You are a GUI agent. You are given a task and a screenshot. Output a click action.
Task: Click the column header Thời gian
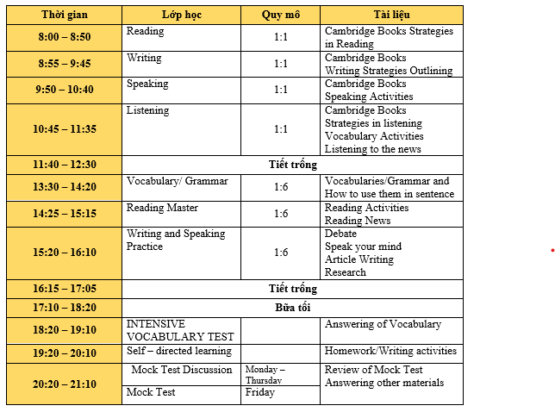[64, 15]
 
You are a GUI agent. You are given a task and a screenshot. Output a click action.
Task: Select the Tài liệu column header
[391, 15]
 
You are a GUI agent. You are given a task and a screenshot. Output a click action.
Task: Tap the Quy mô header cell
[281, 15]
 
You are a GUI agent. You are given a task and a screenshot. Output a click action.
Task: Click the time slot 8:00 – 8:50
[64, 37]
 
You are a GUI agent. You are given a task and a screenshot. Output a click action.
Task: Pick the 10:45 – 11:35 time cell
[64, 129]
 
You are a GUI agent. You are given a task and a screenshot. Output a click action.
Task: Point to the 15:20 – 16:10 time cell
[64, 253]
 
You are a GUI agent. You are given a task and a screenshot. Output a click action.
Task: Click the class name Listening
[148, 110]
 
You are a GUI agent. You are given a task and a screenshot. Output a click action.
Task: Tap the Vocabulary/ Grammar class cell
[178, 181]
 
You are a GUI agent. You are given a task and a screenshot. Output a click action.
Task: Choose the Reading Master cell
[163, 208]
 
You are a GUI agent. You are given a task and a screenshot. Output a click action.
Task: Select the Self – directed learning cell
[179, 351]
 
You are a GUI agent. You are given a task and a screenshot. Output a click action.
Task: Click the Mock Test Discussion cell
[182, 370]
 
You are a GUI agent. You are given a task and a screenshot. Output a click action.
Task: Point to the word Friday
[260, 393]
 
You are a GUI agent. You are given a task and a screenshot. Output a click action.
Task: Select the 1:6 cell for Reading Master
[281, 214]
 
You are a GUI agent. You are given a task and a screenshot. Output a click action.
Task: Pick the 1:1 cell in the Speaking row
[281, 90]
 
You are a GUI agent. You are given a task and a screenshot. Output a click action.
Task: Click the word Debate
[340, 234]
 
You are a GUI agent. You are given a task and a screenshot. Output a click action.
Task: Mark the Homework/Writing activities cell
[390, 351]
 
